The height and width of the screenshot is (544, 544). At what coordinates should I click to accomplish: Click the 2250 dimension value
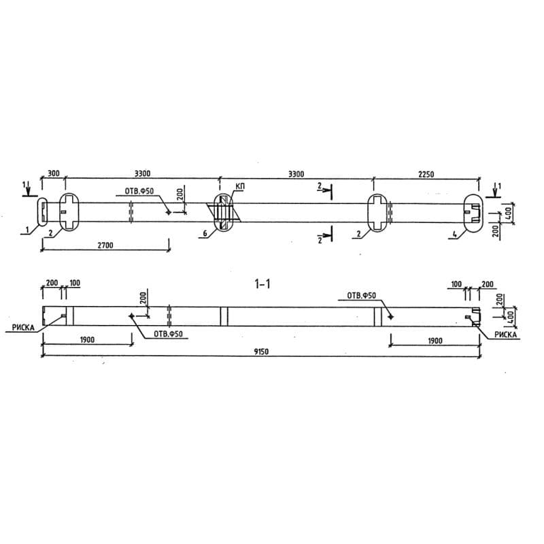point(422,174)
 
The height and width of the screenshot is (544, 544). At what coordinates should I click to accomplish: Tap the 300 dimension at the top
point(52,174)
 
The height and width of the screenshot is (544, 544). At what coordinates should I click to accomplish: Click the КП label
point(239,186)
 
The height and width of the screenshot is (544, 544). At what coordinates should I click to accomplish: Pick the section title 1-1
point(262,284)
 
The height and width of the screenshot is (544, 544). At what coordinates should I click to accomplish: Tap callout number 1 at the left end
point(28,231)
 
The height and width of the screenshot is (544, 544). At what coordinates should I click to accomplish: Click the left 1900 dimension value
point(86,340)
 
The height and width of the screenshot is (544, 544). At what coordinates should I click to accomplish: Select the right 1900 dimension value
point(435,340)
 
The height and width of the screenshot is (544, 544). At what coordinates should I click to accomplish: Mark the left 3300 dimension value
point(142,174)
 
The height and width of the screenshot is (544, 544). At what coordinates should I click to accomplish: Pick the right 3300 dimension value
point(296,174)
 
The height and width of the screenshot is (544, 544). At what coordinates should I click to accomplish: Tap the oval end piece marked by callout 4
point(473,211)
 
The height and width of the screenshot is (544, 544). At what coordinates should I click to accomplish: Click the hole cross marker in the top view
point(168,212)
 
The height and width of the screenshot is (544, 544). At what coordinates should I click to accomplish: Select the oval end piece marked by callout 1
point(41,211)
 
